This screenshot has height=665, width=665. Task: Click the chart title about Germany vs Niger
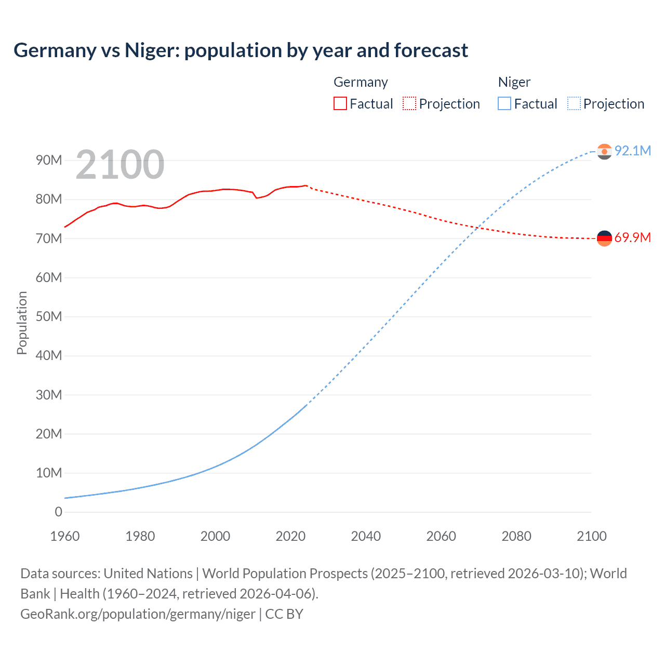241,50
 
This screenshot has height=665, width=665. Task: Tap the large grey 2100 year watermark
120,165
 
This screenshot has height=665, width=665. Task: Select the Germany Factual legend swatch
340,103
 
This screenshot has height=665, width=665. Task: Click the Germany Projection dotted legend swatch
409,103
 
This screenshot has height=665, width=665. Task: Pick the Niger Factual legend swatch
504,103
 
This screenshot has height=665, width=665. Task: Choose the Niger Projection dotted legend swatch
574,103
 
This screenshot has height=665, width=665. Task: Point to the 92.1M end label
632,151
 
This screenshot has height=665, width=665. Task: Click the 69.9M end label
632,238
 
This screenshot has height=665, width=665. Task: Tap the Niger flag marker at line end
604,151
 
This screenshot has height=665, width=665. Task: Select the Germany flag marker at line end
604,238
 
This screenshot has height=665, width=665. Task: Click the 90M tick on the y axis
49,160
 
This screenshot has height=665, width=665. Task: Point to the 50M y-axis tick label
49,316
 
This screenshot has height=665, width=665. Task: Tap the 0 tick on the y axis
58,512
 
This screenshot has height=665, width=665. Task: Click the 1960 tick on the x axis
65,536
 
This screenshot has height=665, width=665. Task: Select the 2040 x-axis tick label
366,536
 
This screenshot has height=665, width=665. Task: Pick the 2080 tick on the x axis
516,536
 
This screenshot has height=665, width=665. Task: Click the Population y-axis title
22,323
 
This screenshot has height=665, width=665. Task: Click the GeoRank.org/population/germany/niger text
138,614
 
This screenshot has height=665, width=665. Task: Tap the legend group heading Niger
514,82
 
